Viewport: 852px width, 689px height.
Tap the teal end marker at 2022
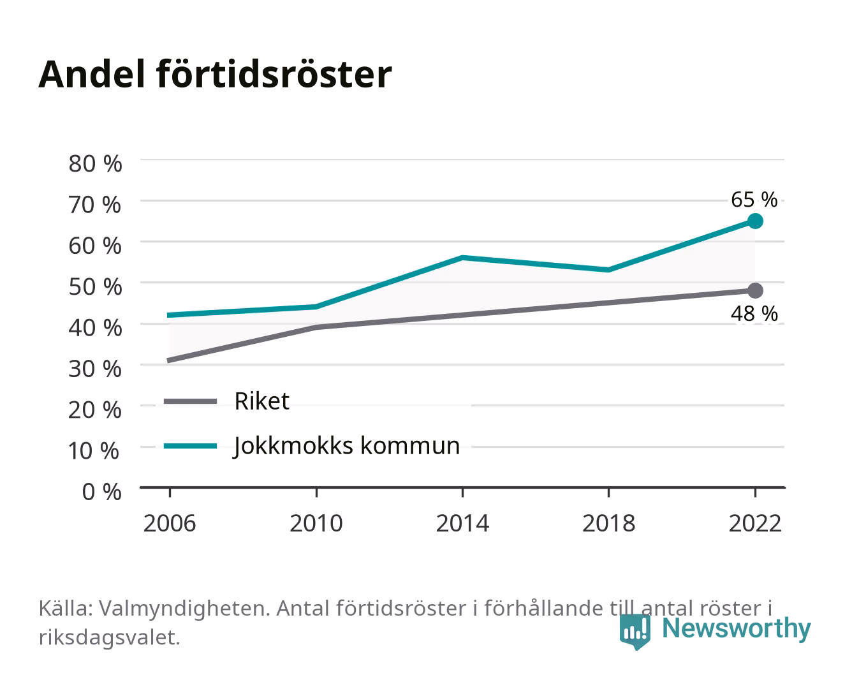pos(755,221)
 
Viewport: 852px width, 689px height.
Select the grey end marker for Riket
pos(755,290)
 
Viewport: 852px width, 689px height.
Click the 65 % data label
pos(754,200)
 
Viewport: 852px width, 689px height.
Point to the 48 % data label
pos(754,314)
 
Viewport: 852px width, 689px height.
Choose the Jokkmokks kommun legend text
pos(346,446)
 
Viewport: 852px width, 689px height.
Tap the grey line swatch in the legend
pos(191,401)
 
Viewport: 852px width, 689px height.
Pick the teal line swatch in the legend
pos(191,446)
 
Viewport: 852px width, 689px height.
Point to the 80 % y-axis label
pos(95,164)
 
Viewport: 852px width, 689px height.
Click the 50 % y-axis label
pos(95,287)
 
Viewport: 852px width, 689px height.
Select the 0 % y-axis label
pos(101,492)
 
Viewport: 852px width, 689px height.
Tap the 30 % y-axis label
pos(95,369)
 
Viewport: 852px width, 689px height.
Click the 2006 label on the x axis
pos(170,523)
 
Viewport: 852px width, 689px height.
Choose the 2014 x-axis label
pos(462,523)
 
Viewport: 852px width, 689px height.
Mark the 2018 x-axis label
pos(608,523)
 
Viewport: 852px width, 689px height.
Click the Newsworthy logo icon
pos(635,632)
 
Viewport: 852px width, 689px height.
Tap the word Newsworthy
pos(737,629)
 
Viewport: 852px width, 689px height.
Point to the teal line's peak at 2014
pos(462,258)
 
